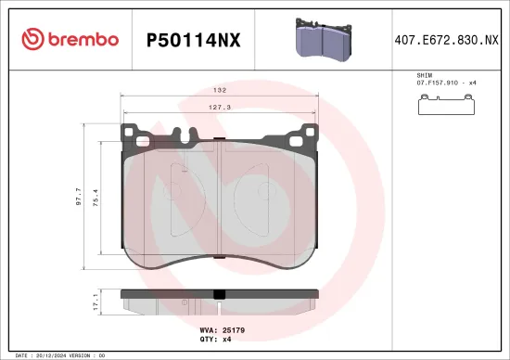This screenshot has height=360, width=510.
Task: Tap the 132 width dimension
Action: [220, 91]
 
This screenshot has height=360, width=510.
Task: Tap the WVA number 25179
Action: [234, 329]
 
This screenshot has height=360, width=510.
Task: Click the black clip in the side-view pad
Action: [220, 296]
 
